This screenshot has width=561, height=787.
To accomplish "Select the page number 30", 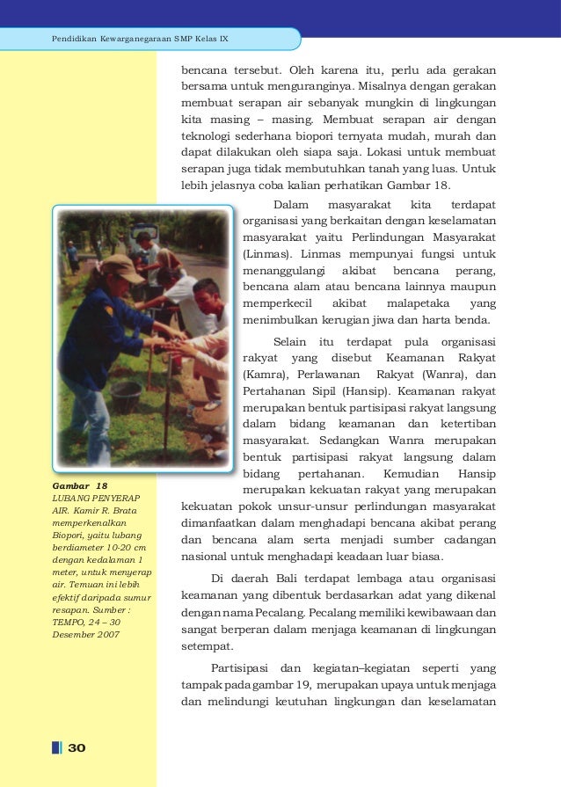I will (76, 747).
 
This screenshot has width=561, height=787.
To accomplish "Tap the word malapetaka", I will (425, 302).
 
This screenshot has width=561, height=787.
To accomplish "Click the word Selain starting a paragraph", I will (291, 342).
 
